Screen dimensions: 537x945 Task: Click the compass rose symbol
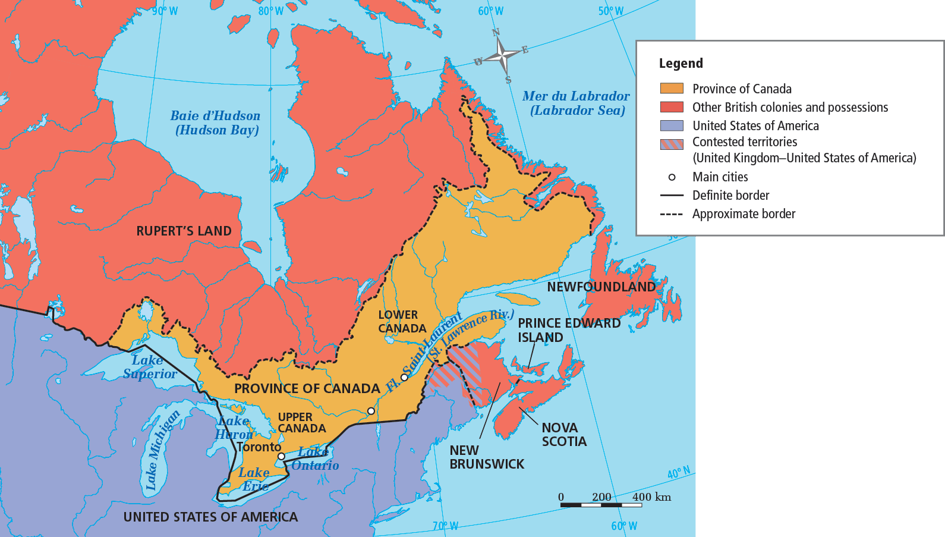502,56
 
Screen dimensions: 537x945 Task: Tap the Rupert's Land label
184,231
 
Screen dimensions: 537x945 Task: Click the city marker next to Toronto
281,456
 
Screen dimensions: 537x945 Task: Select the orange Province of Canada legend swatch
672,89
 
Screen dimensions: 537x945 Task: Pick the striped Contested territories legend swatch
672,144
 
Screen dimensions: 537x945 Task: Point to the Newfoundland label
601,287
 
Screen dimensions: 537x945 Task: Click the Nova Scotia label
563,435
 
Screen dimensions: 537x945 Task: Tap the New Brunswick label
486,457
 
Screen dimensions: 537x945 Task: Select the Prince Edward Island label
568,330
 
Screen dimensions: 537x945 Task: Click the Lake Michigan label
162,450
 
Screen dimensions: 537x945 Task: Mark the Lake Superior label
149,367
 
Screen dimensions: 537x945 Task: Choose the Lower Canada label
402,322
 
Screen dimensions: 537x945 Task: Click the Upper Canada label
301,423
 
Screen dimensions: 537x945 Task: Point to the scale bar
600,505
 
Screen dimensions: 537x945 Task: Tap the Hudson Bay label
216,123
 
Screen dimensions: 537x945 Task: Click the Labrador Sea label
576,103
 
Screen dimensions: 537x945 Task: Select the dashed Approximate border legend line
672,214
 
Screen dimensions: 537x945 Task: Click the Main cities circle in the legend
672,177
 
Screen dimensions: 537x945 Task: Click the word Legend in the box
681,64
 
